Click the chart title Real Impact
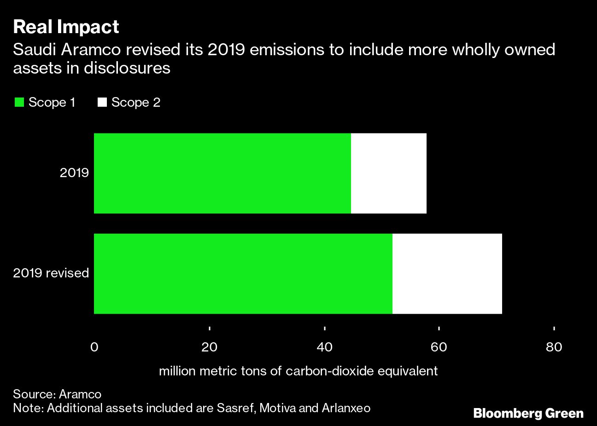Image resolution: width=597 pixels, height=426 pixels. (x=66, y=27)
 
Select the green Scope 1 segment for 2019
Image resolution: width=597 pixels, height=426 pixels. (x=222, y=173)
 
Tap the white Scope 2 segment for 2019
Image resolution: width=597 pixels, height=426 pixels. (x=388, y=173)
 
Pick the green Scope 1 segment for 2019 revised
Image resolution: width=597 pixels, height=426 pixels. (x=243, y=274)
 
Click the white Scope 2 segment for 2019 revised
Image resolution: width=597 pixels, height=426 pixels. (x=447, y=274)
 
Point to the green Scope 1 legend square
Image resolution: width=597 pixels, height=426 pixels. (x=19, y=102)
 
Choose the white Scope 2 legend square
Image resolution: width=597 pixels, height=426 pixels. (x=102, y=102)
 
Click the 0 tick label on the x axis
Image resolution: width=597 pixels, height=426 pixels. (x=94, y=347)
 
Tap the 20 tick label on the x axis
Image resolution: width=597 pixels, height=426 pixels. (x=209, y=347)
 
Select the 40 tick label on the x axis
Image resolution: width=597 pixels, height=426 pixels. (x=325, y=347)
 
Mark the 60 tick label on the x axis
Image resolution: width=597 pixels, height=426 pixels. (x=439, y=347)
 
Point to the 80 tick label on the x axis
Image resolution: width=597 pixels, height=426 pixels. (x=554, y=347)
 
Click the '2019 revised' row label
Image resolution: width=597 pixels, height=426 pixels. (x=51, y=273)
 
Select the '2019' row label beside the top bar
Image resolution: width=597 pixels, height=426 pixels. (x=74, y=173)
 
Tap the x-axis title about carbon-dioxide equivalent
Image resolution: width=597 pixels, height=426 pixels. (x=298, y=371)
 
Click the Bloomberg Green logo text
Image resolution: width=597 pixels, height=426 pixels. (x=528, y=413)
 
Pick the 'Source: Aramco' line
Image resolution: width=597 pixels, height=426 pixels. (x=57, y=394)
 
